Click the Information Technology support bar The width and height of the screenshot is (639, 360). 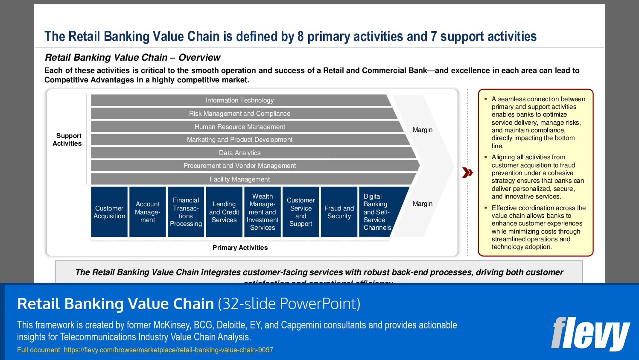[240, 100]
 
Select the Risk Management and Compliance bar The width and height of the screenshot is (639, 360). [240, 114]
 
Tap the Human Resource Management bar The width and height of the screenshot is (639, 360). [240, 127]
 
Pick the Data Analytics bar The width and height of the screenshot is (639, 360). [240, 153]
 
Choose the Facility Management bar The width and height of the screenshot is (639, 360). [240, 179]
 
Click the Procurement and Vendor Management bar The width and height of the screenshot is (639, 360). [240, 166]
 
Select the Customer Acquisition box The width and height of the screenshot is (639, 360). [109, 212]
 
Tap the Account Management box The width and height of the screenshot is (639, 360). [148, 212]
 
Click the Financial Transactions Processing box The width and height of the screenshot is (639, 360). [186, 212]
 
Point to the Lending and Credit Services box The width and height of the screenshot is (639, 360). [224, 212]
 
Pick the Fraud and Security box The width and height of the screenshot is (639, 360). [339, 212]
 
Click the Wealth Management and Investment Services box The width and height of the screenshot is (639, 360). [263, 212]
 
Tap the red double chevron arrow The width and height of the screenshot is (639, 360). [468, 173]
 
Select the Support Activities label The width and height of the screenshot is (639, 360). [67, 140]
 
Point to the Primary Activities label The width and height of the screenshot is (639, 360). [240, 248]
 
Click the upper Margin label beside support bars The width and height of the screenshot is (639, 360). [423, 130]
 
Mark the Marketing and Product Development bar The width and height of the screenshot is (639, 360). [240, 140]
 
